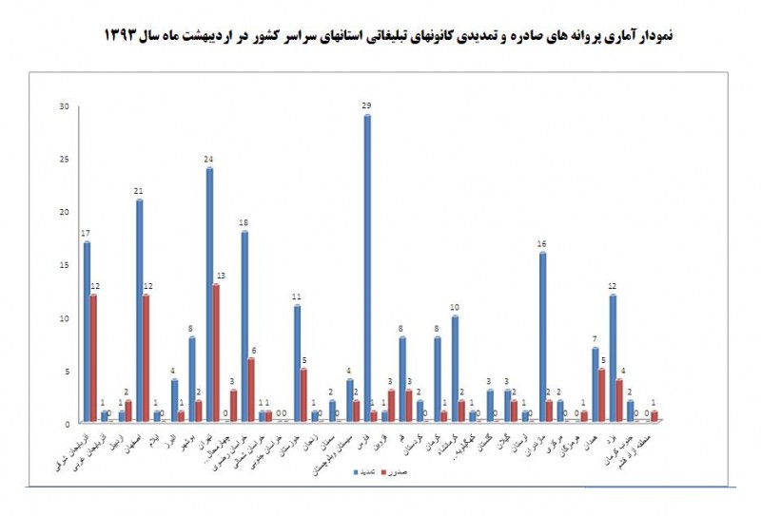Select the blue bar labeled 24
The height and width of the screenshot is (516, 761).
coord(209,295)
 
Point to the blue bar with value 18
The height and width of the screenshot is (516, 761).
coord(244,327)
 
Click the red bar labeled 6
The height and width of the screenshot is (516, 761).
coord(252,391)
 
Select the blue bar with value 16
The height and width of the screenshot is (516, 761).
coord(542,337)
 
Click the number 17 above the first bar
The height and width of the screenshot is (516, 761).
coord(86,234)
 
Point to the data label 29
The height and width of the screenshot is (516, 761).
coord(366,106)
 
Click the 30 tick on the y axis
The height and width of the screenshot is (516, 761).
coord(65,106)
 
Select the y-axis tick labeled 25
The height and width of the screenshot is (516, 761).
coord(65,159)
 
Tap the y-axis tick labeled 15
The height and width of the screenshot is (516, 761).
coord(65,265)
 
